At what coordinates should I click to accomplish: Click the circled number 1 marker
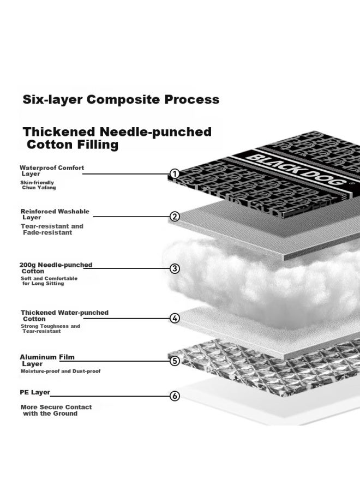pos(175,173)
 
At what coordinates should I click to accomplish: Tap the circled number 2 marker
pos(175,217)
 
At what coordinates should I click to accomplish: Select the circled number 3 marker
pos(175,268)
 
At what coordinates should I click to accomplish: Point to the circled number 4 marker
pos(175,319)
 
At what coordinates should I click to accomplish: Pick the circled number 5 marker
pos(175,361)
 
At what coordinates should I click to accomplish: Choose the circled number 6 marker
pos(175,396)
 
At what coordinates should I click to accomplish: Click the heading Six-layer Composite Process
pos(121,100)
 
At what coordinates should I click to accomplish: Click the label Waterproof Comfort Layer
pos(52,171)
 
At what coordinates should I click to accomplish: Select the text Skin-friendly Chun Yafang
pos(38,185)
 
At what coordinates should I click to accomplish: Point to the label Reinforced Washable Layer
pos(55,214)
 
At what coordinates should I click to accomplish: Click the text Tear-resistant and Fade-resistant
pos(52,229)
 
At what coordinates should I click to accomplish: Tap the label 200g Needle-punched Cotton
pos(56,268)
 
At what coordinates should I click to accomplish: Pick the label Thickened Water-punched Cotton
pos(64,316)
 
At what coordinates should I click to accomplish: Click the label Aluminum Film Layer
pos(47,361)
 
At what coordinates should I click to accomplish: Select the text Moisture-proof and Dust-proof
pos(61,371)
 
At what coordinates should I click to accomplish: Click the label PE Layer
pos(35,392)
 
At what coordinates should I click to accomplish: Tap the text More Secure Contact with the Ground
pos(56,410)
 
